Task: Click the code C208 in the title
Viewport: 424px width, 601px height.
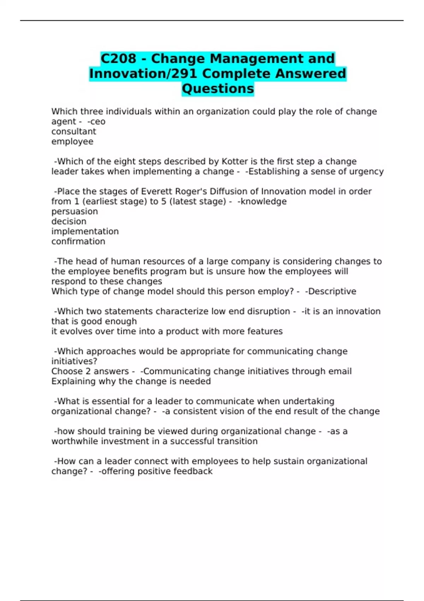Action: tap(118, 58)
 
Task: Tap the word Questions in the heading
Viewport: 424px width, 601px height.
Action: tap(218, 88)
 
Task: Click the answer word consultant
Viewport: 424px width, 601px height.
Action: tap(73, 132)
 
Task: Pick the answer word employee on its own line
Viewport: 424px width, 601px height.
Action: tap(72, 141)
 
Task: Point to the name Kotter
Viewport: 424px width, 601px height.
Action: tap(235, 162)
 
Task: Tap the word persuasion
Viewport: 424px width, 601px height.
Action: tap(75, 211)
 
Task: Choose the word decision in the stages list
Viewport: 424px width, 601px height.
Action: tap(69, 221)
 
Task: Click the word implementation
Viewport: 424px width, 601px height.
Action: tap(85, 232)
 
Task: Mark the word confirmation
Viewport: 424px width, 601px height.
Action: tap(78, 241)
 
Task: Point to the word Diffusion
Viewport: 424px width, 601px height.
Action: tap(228, 192)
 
